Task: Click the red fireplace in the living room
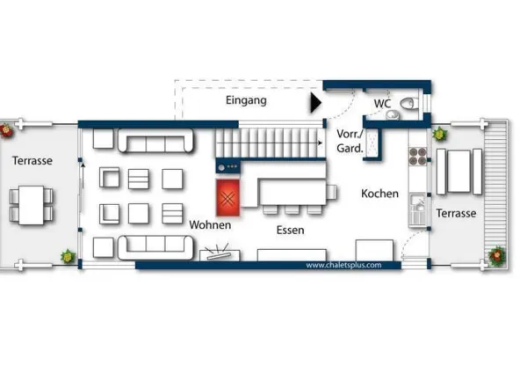tap(227, 198)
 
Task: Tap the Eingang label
tap(246, 100)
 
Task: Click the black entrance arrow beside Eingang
tap(315, 103)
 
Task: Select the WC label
tap(382, 103)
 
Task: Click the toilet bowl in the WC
tap(409, 103)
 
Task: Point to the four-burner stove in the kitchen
tap(418, 156)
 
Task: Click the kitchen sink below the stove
tap(417, 209)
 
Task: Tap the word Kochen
tap(379, 194)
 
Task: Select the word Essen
tap(291, 231)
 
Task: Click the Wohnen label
tap(210, 225)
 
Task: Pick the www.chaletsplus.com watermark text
tap(343, 265)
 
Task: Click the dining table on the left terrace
tap(32, 205)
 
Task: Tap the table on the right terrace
tap(458, 172)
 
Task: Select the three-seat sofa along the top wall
tap(155, 140)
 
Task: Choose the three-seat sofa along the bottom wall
tap(155, 247)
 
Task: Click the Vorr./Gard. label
tap(350, 141)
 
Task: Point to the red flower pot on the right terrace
tap(497, 256)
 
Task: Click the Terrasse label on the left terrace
tap(32, 160)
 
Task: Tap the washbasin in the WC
tap(392, 115)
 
